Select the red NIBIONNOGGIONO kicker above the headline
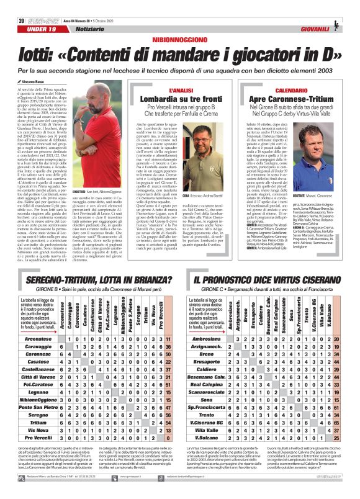click(180, 39)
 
